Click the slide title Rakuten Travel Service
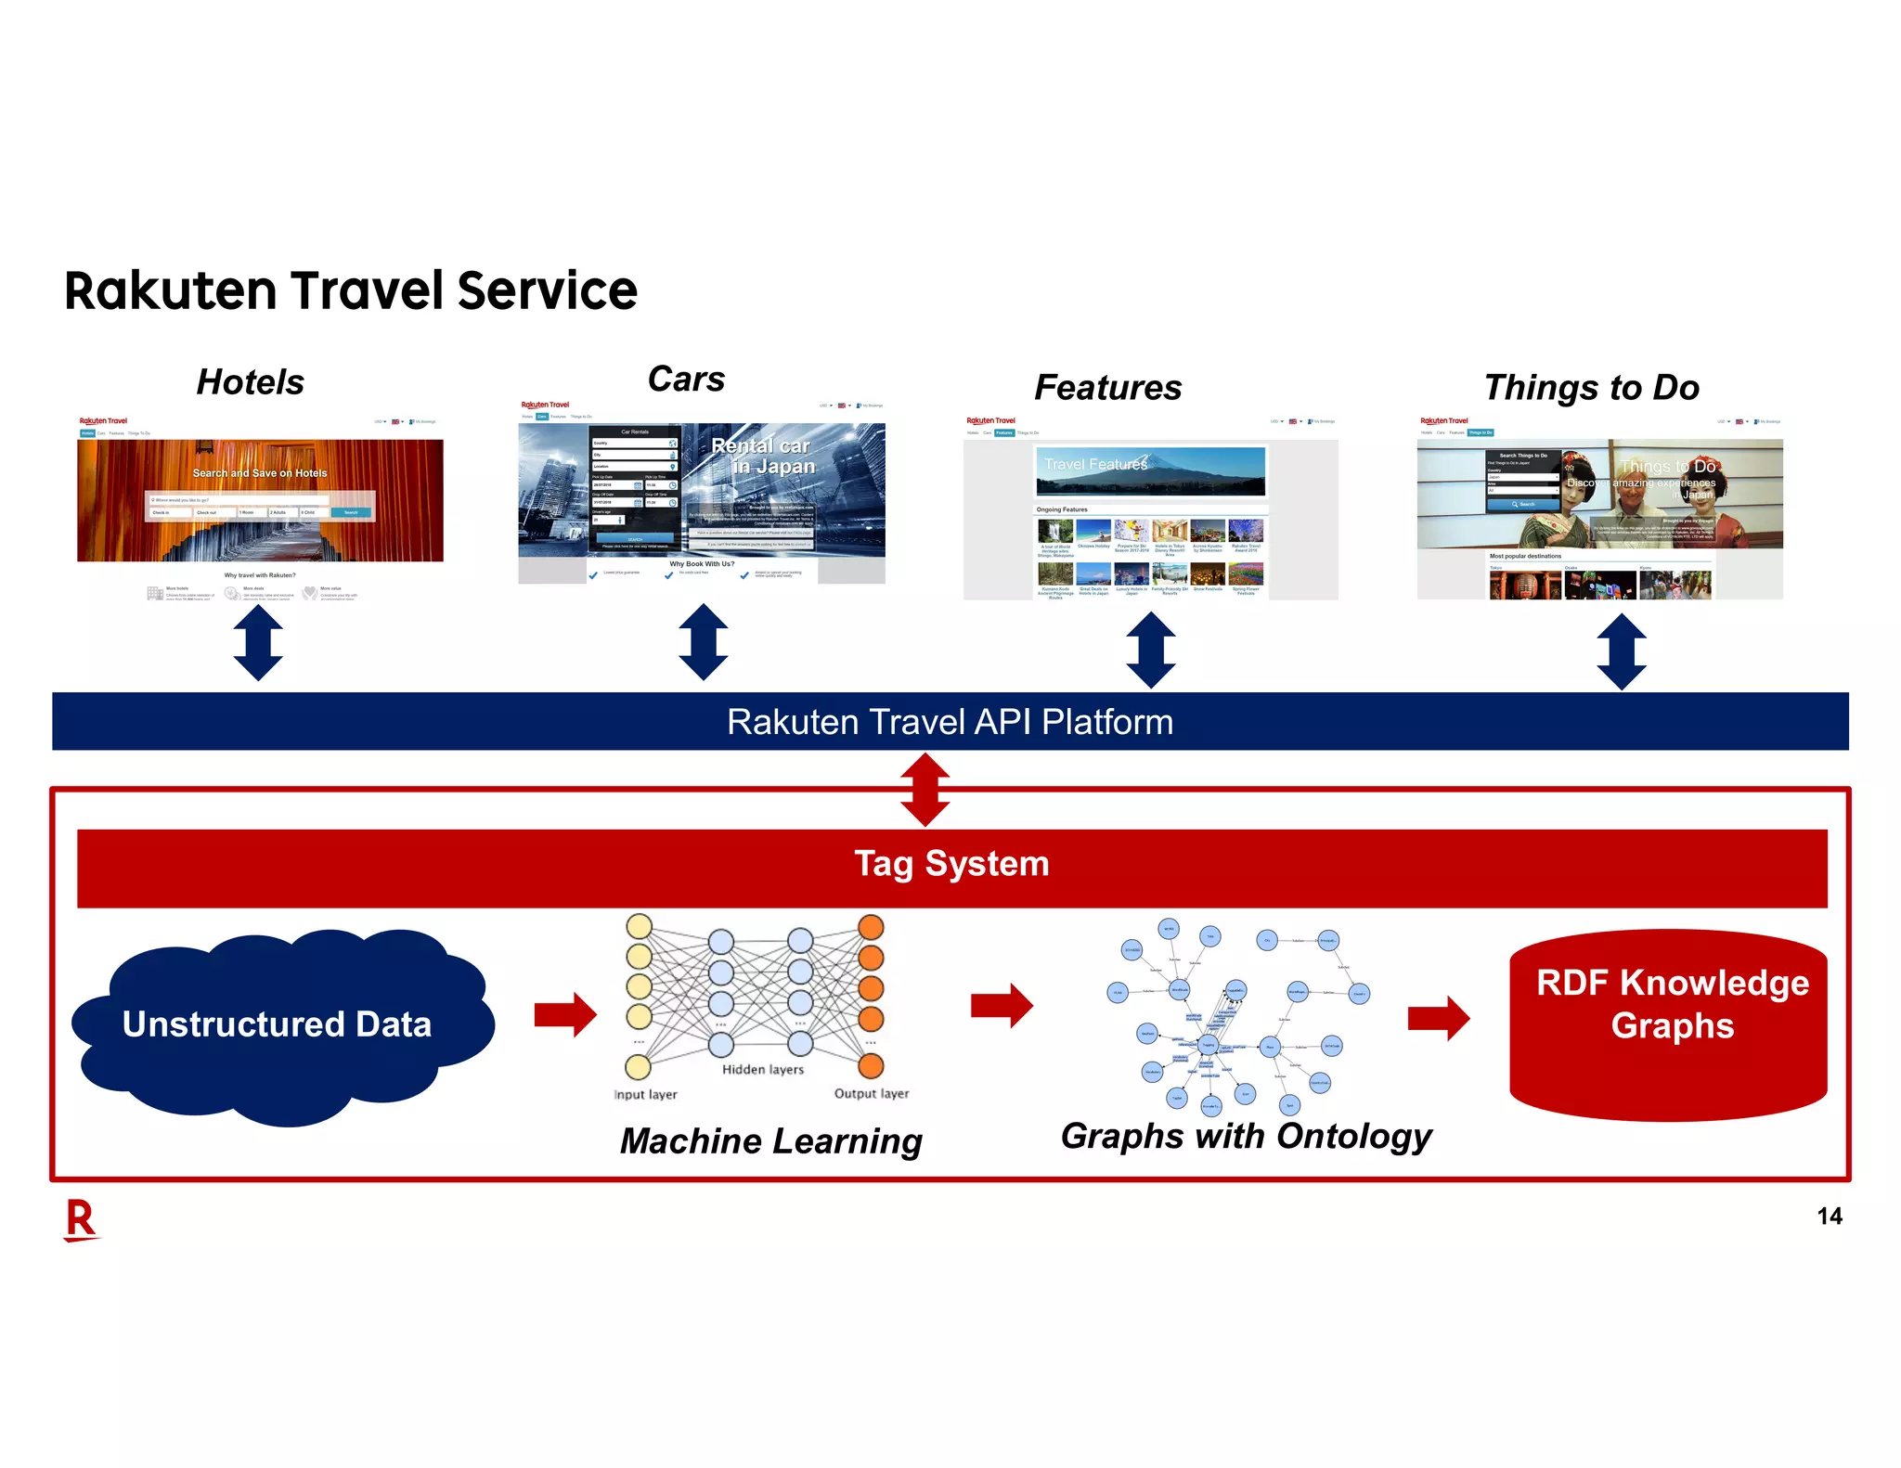click(x=351, y=290)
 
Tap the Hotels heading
click(x=250, y=382)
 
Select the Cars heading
click(x=686, y=379)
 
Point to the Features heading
click(x=1107, y=388)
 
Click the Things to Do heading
click(x=1591, y=388)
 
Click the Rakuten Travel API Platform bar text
click(x=950, y=722)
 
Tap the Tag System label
click(x=951, y=864)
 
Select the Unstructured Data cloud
click(x=277, y=1024)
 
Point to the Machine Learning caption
click(x=770, y=1141)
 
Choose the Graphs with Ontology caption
click(x=1246, y=1137)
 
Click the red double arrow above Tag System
click(x=925, y=789)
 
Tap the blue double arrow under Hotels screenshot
click(x=258, y=642)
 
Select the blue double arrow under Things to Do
click(x=1622, y=650)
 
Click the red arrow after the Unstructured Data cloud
click(x=564, y=1014)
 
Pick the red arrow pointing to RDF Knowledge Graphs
click(x=1438, y=1019)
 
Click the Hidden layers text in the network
click(x=763, y=1070)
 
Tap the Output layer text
click(x=871, y=1094)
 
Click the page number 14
click(x=1829, y=1217)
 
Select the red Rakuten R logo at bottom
click(x=81, y=1219)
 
